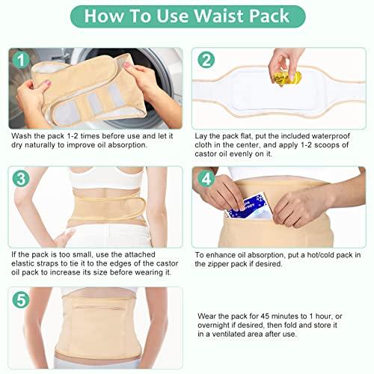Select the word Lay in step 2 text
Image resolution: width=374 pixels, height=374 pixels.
203,137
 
